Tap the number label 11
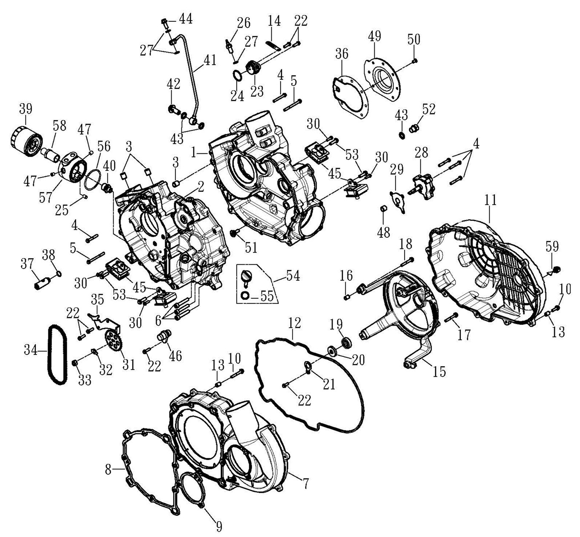pyautogui.click(x=491, y=200)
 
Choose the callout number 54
pyautogui.click(x=293, y=276)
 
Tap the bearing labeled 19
pyautogui.click(x=347, y=342)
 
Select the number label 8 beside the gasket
pyautogui.click(x=108, y=470)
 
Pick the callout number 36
pyautogui.click(x=342, y=54)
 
